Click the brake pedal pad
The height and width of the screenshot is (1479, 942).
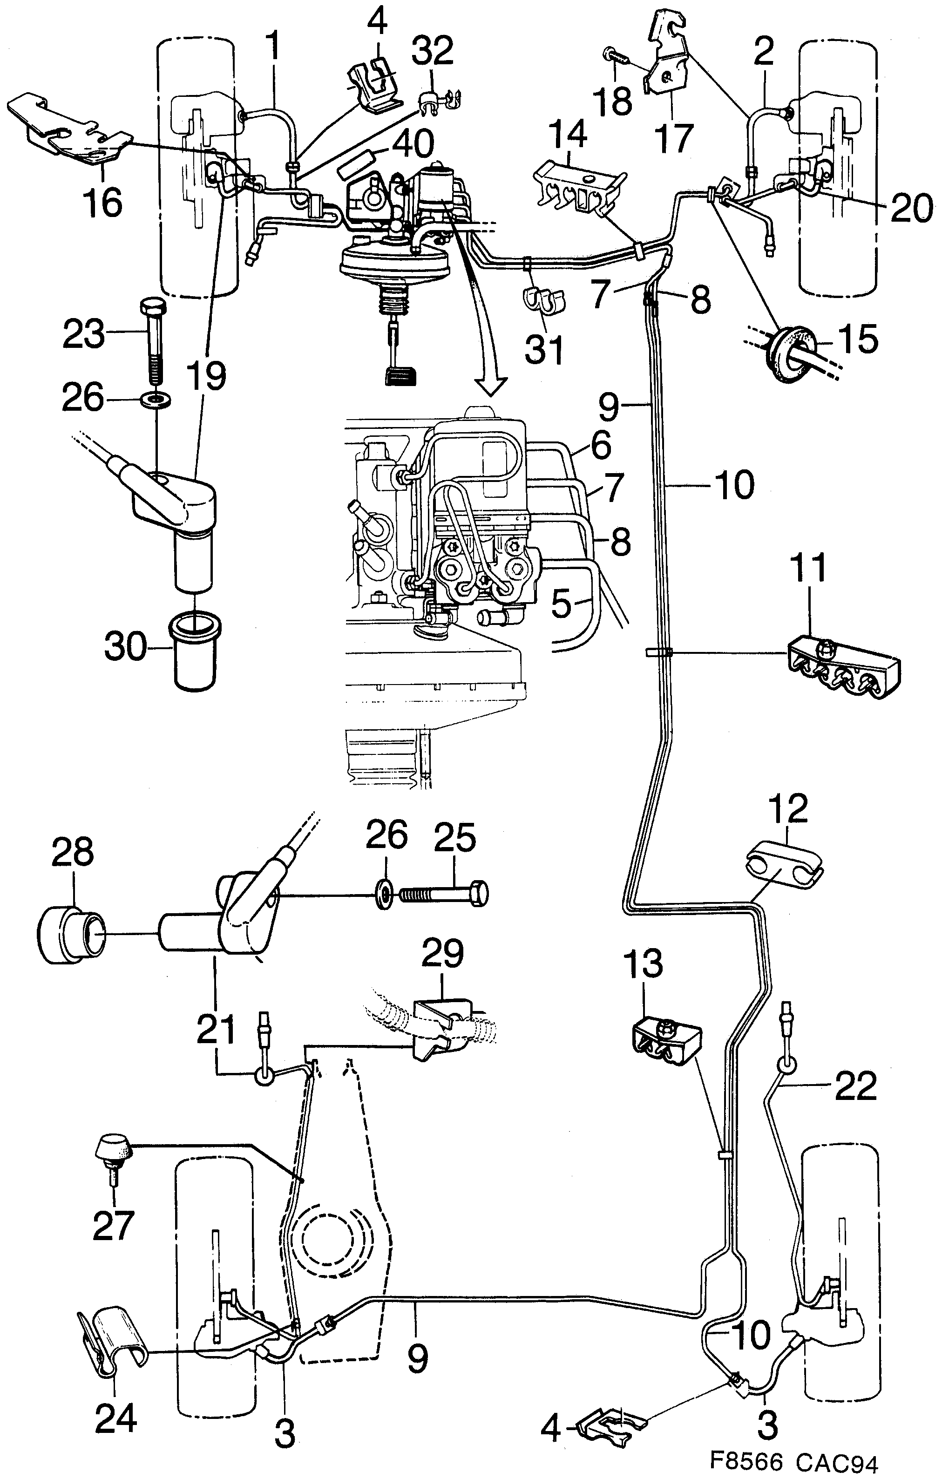pos(399,375)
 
